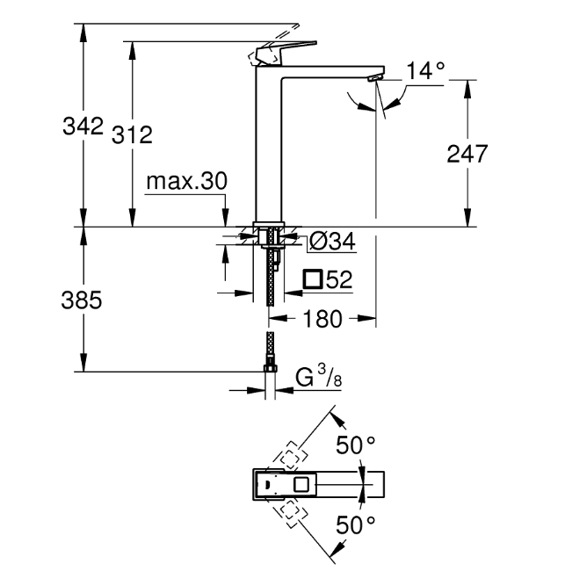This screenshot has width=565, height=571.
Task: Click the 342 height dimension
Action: (83, 126)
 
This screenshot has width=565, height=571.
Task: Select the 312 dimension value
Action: (132, 134)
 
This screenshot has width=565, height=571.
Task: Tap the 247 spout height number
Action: (467, 155)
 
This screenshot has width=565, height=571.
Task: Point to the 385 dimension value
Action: (83, 300)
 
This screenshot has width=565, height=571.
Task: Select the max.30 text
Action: (186, 181)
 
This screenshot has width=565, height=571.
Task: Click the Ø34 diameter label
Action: (332, 240)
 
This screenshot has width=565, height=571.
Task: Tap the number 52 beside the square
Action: (338, 280)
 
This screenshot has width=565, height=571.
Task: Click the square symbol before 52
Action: (313, 280)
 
